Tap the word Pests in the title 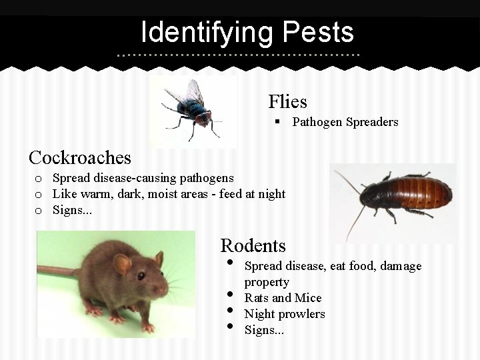318,32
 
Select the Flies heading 287,102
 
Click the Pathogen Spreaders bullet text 345,122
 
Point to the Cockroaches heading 80,158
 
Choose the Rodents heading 253,245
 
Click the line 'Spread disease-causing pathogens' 143,178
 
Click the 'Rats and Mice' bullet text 283,298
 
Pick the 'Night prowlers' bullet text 285,314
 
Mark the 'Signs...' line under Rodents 264,329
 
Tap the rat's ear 122,264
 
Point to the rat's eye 141,275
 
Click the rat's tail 57,271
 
